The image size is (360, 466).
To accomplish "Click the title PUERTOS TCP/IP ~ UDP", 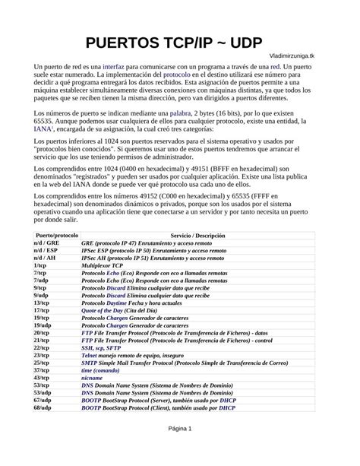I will [x=179, y=43].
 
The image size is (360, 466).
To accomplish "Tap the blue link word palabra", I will [x=180, y=113].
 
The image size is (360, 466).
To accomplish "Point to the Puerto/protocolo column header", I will [x=56, y=236].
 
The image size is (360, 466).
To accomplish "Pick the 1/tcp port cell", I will [x=40, y=265].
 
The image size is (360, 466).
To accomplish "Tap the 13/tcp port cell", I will [x=42, y=303].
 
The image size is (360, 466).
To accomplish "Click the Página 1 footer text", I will [x=180, y=450].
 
